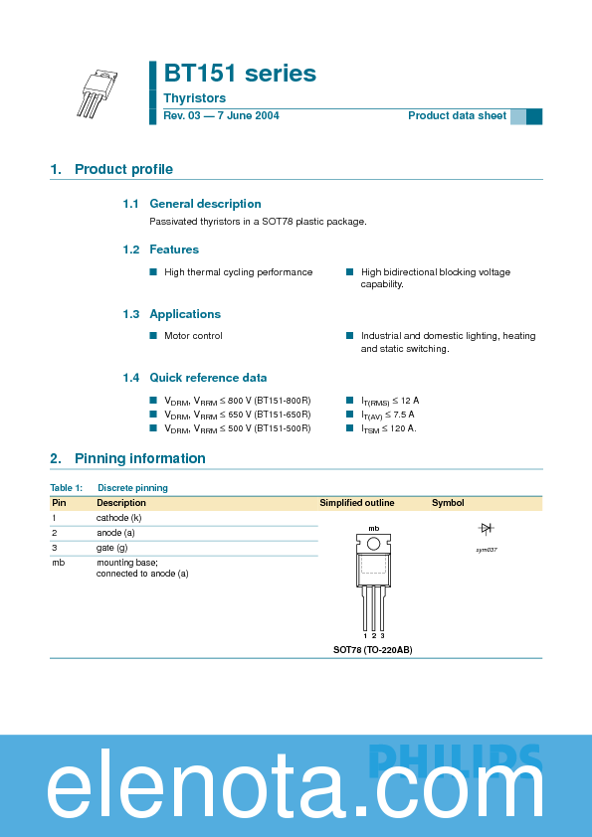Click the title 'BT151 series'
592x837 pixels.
pos(240,74)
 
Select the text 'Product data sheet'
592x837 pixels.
pos(457,116)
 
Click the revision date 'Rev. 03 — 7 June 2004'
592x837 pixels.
pos(221,116)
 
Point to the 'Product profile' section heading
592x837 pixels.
pos(123,169)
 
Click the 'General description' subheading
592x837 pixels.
pos(205,204)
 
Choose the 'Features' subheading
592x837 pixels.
pos(174,250)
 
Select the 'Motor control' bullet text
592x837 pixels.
pos(193,336)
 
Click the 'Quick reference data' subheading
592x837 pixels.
pos(208,378)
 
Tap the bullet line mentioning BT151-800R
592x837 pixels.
pos(237,401)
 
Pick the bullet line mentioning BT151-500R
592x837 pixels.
pos(237,428)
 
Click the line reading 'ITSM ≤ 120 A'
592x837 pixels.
pos(388,428)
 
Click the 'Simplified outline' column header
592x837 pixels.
pos(356,503)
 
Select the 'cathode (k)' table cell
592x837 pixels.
pos(118,518)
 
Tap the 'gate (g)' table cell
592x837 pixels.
pos(111,548)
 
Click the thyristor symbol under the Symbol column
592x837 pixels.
pos(487,529)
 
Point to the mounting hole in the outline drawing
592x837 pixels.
pos(373,543)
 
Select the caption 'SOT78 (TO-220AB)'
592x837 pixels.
pos(372,649)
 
